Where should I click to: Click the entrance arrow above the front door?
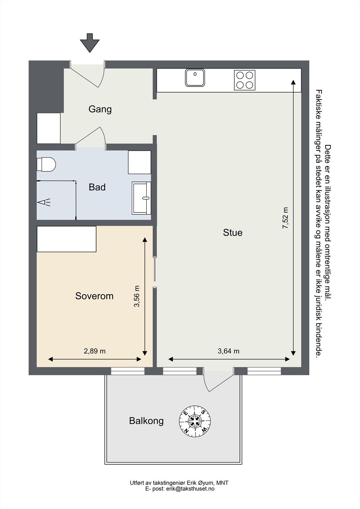[89, 43]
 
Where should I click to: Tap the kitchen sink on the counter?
[195, 78]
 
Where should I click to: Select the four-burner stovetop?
[245, 80]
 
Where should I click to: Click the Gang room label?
[100, 109]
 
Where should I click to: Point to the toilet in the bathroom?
[46, 164]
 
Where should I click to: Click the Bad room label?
[97, 187]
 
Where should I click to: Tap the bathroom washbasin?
[141, 198]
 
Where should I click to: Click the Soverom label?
[95, 296]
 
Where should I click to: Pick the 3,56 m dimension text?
[137, 296]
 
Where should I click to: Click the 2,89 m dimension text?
[95, 351]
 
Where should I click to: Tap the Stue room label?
[233, 233]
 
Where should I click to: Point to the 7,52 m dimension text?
[285, 218]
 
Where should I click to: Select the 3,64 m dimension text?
[229, 351]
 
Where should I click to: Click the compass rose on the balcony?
[195, 421]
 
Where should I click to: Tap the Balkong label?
[146, 421]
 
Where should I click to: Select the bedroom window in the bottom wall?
[128, 371]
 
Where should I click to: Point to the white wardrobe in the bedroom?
[67, 239]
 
